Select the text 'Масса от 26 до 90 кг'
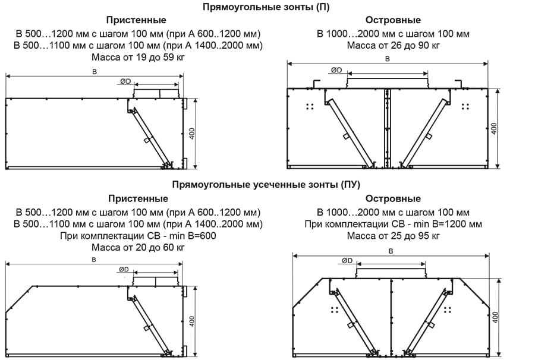pyautogui.click(x=393, y=46)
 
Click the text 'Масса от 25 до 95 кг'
pyautogui.click(x=393, y=236)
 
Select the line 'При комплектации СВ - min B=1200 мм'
pyautogui.click(x=393, y=224)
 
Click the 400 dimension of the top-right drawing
pyautogui.click(x=493, y=128)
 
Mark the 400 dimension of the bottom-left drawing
pyautogui.click(x=191, y=321)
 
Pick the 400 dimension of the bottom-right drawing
pyautogui.click(x=496, y=317)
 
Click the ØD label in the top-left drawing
pyautogui.click(x=125, y=81)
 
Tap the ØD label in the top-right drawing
pyautogui.click(x=336, y=70)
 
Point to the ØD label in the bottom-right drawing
pyautogui.click(x=348, y=261)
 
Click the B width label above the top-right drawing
pyautogui.click(x=388, y=59)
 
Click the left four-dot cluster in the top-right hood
pyautogui.click(x=310, y=106)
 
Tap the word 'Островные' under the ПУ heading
pyautogui.click(x=393, y=198)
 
